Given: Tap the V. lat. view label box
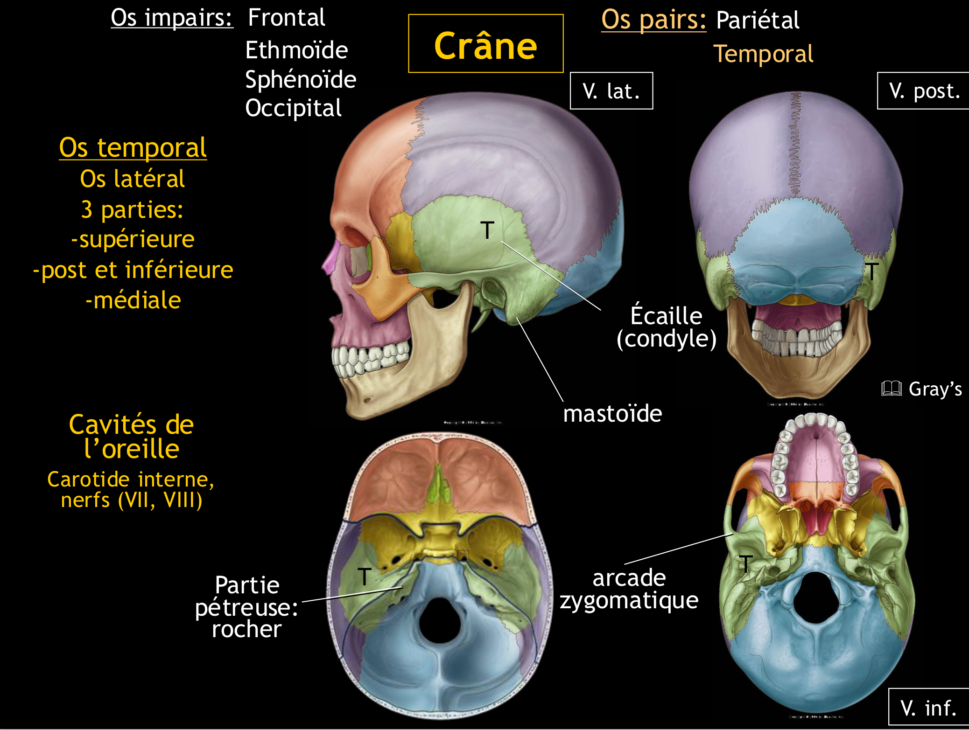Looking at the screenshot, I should click(611, 91).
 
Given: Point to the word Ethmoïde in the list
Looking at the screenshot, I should click(296, 50).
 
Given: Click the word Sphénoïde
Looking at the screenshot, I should click(301, 79).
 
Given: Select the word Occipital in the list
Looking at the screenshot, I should click(294, 108).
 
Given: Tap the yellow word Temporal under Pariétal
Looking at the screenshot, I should click(763, 54).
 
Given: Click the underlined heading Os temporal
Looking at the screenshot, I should click(133, 148).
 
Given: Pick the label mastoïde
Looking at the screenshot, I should click(612, 414).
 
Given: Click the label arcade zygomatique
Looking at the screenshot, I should click(629, 589).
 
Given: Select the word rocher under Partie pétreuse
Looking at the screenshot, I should click(246, 629).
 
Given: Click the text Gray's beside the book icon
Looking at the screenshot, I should click(935, 389).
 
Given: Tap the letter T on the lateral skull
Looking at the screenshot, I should click(487, 230).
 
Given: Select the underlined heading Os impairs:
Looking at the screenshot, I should click(172, 18).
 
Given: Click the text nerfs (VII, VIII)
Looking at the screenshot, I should click(132, 500).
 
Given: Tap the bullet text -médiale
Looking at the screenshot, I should click(133, 300).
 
